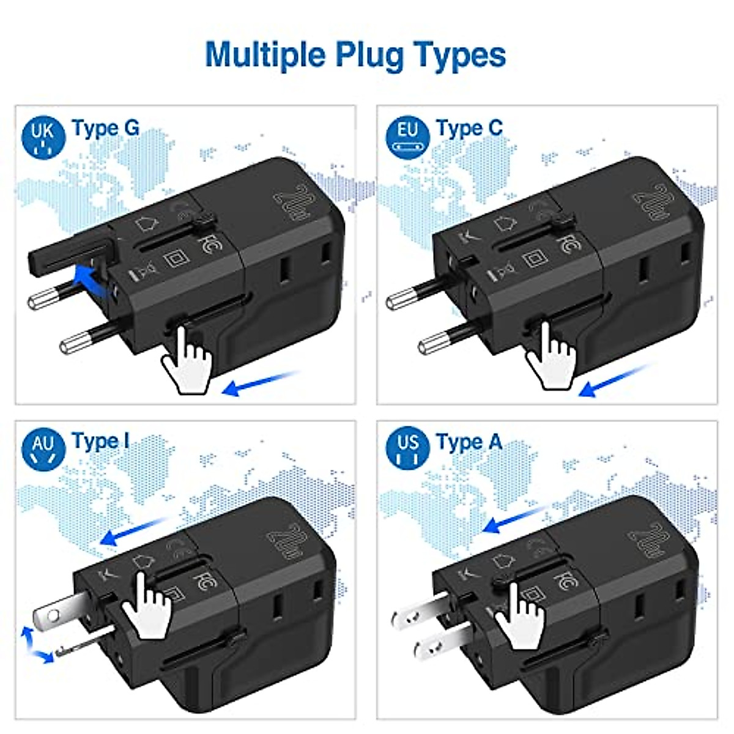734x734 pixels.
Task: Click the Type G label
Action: (x=105, y=128)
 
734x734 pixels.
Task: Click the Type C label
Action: (x=469, y=128)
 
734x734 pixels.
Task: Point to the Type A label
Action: (x=469, y=442)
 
